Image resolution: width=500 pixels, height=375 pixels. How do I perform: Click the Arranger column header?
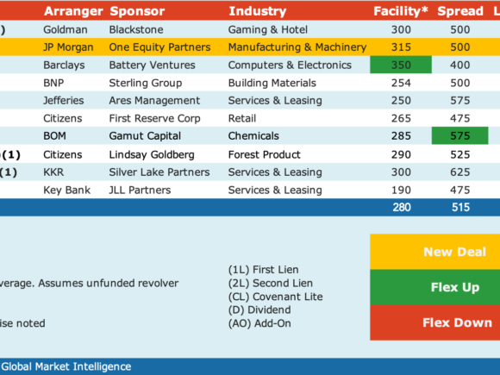click(73, 11)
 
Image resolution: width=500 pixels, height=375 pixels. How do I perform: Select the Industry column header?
click(258, 11)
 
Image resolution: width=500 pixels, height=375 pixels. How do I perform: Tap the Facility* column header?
click(401, 11)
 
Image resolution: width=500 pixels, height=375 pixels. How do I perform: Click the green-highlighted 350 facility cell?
click(401, 65)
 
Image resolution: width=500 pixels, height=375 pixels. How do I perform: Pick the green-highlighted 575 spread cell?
click(459, 135)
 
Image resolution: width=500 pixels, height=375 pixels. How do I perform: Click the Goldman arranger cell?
click(66, 29)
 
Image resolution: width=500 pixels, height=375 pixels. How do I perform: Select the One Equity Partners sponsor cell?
click(159, 47)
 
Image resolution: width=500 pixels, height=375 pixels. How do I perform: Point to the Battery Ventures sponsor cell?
click(152, 65)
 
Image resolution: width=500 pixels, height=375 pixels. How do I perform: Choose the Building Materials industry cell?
click(272, 83)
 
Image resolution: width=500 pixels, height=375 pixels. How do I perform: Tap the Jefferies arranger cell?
click(64, 101)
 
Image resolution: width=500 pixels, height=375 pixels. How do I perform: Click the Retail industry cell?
click(242, 118)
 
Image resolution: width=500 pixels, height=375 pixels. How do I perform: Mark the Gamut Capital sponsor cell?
click(145, 136)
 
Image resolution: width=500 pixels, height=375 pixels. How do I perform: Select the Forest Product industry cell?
click(265, 154)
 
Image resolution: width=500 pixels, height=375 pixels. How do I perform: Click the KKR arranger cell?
click(53, 172)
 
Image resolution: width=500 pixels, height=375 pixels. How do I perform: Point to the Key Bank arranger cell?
click(67, 190)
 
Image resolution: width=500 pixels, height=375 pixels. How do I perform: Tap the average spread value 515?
click(460, 207)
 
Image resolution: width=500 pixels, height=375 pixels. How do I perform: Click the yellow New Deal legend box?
click(435, 252)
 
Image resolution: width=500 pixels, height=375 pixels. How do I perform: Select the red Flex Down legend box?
click(435, 322)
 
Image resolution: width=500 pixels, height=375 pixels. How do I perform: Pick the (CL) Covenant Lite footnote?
click(276, 297)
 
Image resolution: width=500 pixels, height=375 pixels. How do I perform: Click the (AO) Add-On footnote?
click(259, 323)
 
